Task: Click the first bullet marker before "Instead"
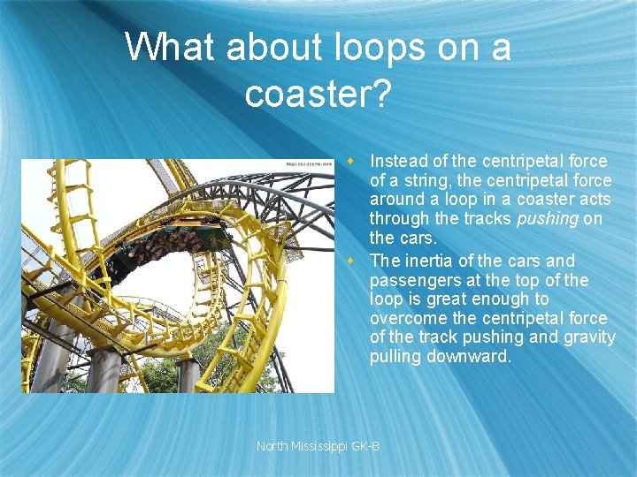[x=351, y=161]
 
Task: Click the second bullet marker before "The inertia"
[x=351, y=261]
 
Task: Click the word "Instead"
[x=399, y=161]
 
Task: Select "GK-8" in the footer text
[x=365, y=446]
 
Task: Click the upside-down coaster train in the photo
[x=168, y=243]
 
